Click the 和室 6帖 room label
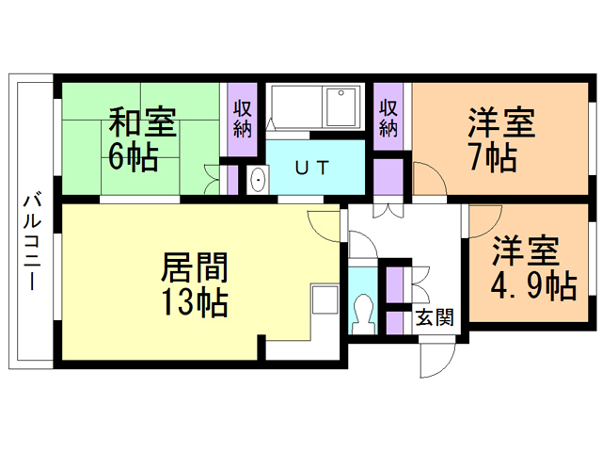pyautogui.click(x=141, y=139)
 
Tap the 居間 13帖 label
pyautogui.click(x=195, y=284)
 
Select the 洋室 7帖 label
pyautogui.click(x=500, y=139)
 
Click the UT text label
pyautogui.click(x=312, y=168)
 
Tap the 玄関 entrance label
pyautogui.click(x=435, y=317)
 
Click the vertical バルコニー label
pyautogui.click(x=32, y=242)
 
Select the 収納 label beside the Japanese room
pyautogui.click(x=243, y=119)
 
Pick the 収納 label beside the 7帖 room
pyautogui.click(x=388, y=119)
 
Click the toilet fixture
pyautogui.click(x=362, y=314)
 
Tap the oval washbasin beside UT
pyautogui.click(x=258, y=180)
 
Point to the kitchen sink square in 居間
pyautogui.click(x=325, y=299)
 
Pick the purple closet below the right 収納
pyautogui.click(x=388, y=177)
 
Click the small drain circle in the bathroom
pyautogui.click(x=341, y=92)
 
